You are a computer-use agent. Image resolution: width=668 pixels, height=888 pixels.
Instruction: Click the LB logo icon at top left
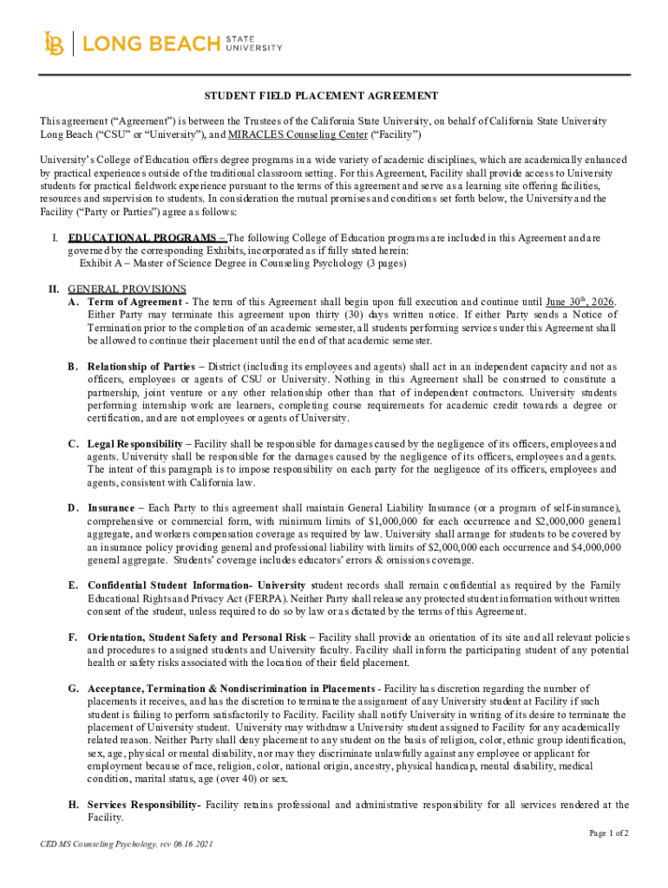click(54, 43)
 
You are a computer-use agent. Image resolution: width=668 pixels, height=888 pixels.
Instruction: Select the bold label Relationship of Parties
click(141, 366)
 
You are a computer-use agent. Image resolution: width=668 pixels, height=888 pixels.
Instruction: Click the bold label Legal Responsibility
click(135, 443)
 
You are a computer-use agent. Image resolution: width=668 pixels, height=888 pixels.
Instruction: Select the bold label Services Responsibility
click(144, 805)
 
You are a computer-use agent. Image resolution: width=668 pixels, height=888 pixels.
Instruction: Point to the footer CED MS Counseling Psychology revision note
click(121, 844)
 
